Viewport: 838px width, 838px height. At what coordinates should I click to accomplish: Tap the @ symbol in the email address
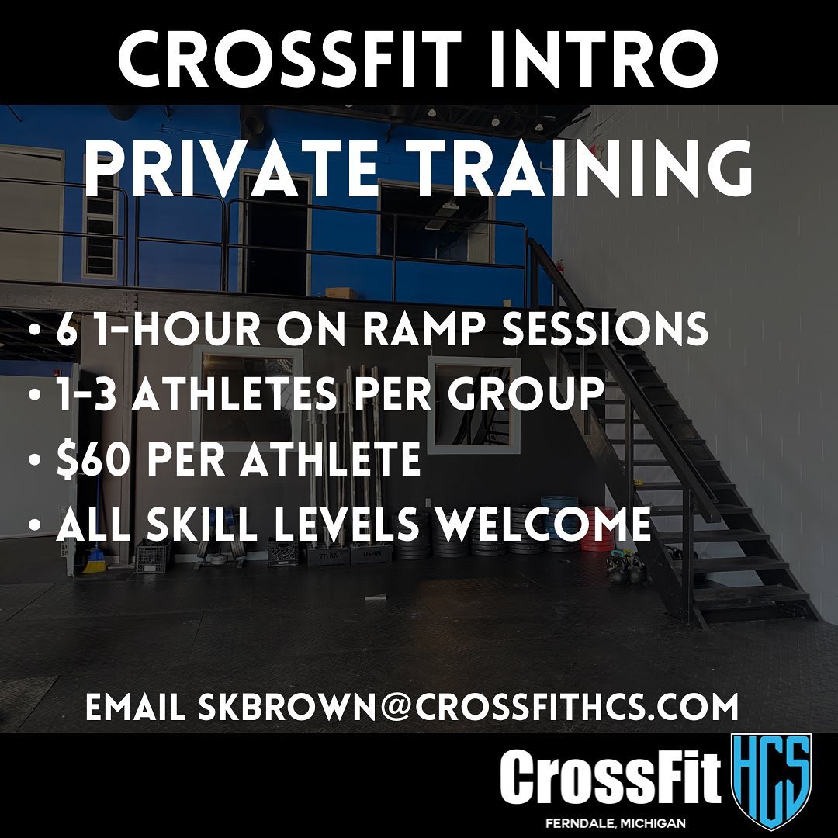395,707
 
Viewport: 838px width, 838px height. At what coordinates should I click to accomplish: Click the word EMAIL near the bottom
136,707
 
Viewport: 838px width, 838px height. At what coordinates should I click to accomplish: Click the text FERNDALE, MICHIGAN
615,823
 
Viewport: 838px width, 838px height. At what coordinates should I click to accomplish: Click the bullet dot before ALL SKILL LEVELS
35,525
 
